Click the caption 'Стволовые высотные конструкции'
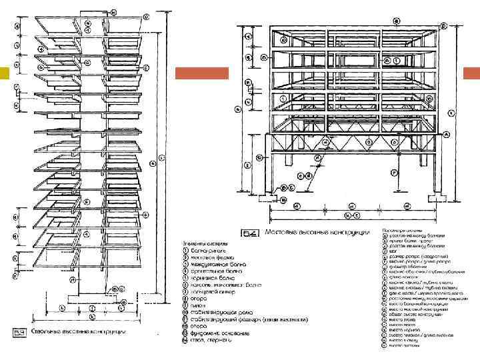[79, 331]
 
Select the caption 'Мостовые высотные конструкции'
[317, 233]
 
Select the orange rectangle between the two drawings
[201, 73]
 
